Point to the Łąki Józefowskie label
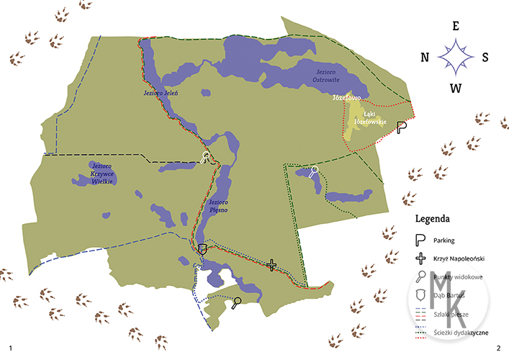tap(375, 117)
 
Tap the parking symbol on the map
tap(402, 127)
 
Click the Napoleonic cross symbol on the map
tap(271, 265)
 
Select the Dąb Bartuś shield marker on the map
tap(202, 248)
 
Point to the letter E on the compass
tap(455, 25)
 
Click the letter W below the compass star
tap(455, 88)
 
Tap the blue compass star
tap(455, 57)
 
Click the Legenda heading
tap(433, 217)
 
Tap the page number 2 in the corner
tap(497, 348)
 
